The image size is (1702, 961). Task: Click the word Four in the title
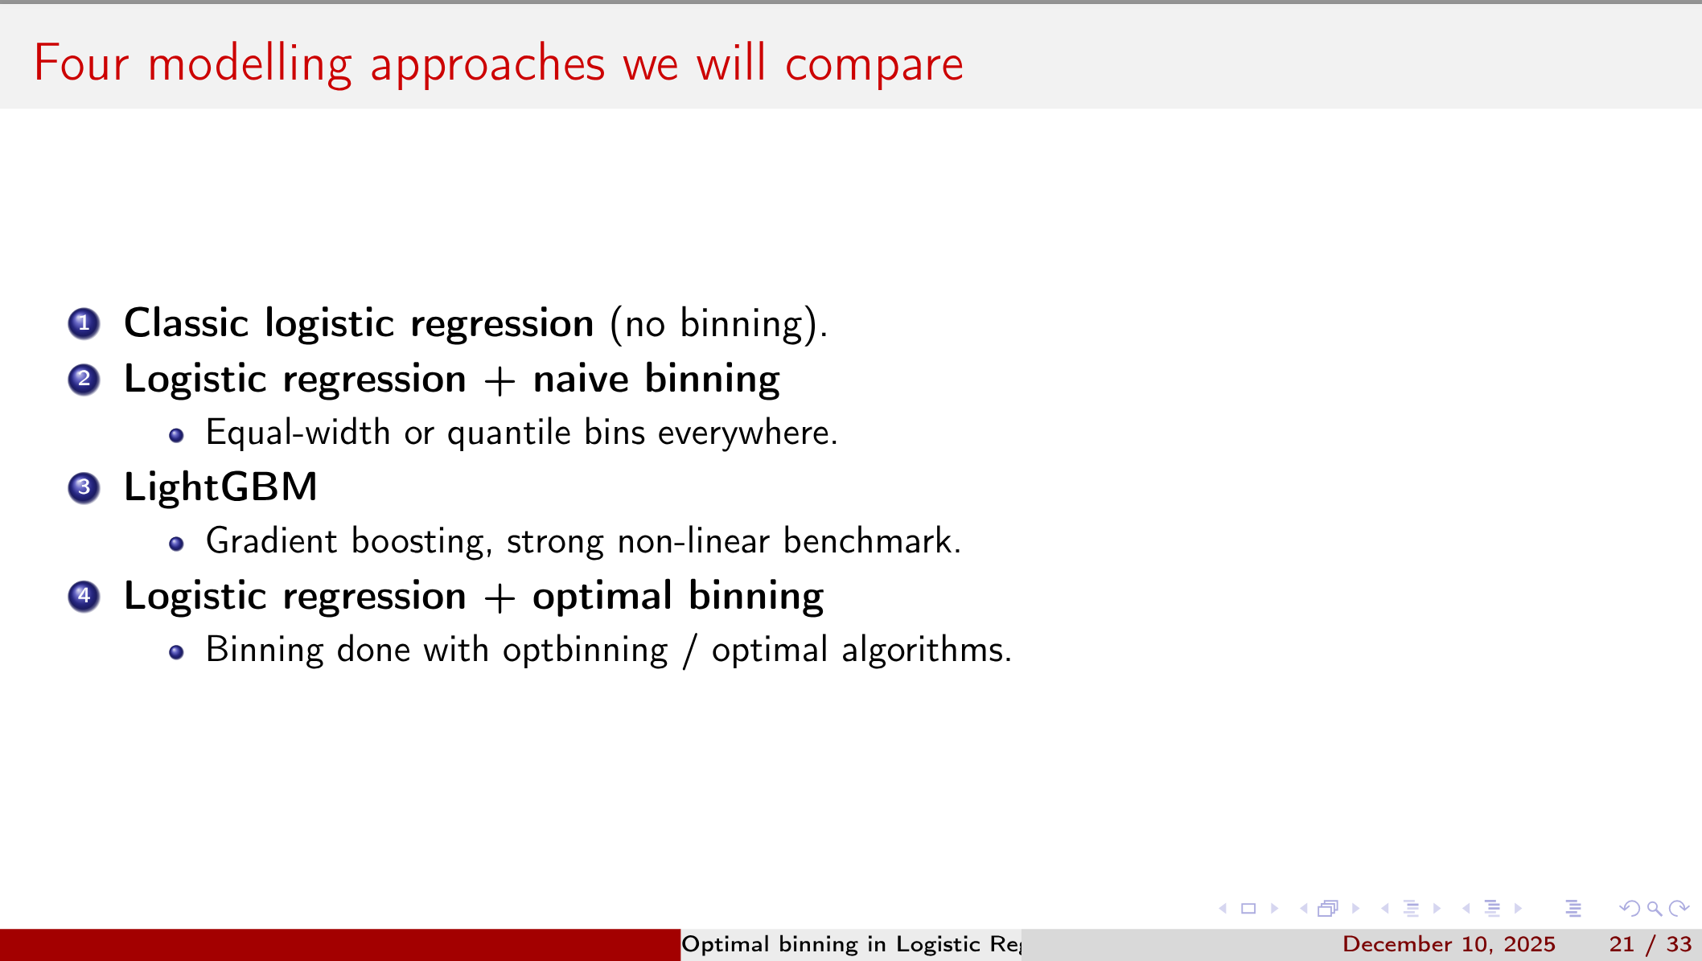[80, 64]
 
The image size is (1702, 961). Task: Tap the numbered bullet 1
[84, 324]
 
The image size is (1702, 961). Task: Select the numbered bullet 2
[84, 380]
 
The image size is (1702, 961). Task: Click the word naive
[580, 379]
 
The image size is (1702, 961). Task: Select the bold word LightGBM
[220, 487]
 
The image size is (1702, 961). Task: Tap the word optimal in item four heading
[602, 597]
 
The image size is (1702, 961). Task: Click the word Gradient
[271, 541]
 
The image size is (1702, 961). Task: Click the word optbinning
[585, 651]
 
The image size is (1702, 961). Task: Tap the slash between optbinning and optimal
[689, 651]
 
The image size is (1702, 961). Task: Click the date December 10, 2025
[1449, 944]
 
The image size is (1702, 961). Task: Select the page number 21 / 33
[1650, 944]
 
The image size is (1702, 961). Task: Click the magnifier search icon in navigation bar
[1655, 909]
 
